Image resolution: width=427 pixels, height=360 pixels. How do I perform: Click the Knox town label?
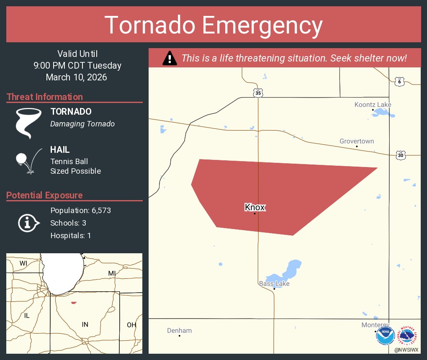point(255,207)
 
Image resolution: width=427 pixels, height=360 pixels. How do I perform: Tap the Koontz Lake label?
point(373,104)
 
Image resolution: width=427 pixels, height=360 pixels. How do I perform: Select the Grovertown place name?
point(357,141)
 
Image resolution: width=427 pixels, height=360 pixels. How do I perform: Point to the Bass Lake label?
point(274,283)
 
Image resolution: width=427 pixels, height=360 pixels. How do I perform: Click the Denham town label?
point(179,330)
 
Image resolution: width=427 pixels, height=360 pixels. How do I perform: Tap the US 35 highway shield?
point(258,93)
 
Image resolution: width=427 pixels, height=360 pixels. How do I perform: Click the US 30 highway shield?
point(401,155)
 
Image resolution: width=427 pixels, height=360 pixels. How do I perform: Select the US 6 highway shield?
point(399,82)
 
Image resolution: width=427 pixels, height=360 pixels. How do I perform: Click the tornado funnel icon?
point(28,123)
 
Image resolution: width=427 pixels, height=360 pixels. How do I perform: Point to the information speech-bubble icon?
point(28,223)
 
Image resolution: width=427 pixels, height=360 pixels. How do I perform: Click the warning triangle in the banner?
point(170,58)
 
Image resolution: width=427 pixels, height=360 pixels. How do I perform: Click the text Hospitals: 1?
point(70,236)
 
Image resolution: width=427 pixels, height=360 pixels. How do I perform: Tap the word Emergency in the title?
point(262,25)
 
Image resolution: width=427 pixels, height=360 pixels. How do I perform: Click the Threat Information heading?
point(45,97)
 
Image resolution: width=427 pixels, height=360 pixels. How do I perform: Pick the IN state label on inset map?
point(85,324)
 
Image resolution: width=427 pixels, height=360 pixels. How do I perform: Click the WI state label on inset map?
point(23,263)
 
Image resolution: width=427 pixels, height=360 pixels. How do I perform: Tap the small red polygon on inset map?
point(74,303)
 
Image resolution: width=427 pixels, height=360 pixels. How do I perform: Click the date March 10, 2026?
point(77,77)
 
